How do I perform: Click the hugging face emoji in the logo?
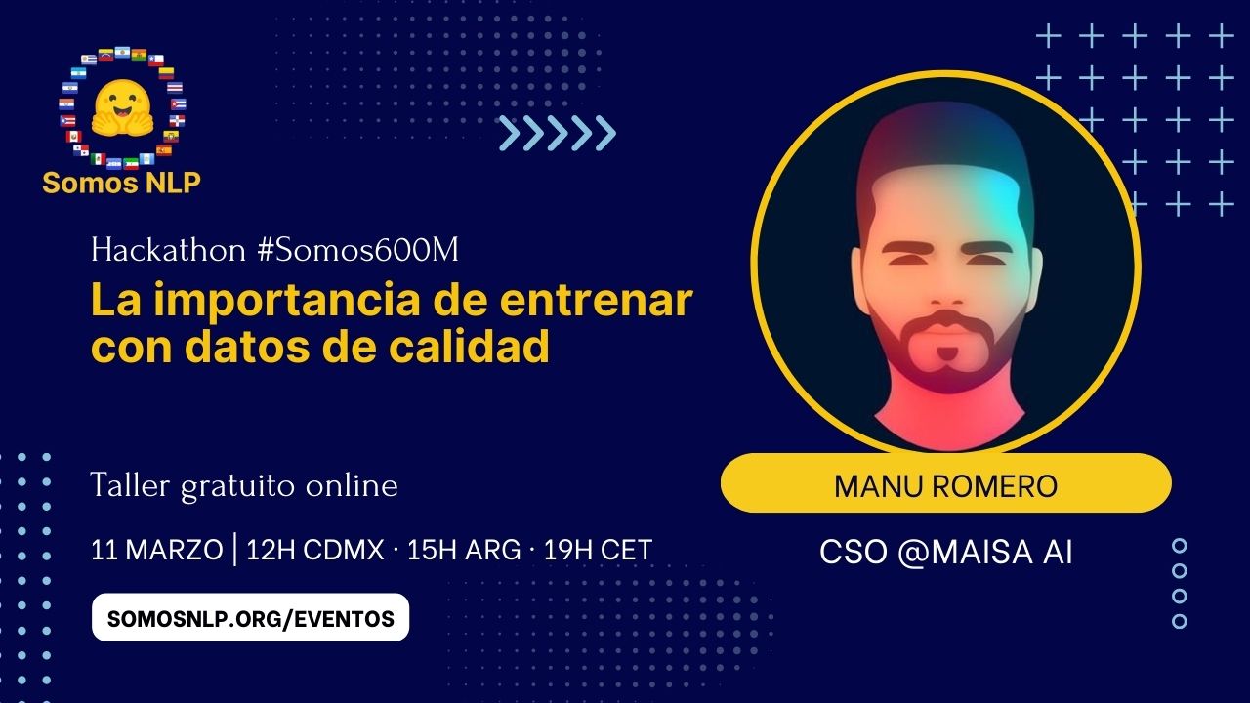pyautogui.click(x=122, y=107)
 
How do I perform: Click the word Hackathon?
pyautogui.click(x=168, y=251)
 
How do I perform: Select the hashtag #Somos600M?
pyautogui.click(x=358, y=251)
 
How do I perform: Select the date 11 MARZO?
pyautogui.click(x=156, y=550)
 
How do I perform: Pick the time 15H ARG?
pyautogui.click(x=464, y=550)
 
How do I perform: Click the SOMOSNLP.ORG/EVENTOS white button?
pyautogui.click(x=250, y=618)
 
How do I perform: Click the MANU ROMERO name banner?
pyautogui.click(x=945, y=484)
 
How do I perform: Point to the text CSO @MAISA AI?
pyautogui.click(x=945, y=553)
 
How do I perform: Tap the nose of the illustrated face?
pyautogui.click(x=945, y=288)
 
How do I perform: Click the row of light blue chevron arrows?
pyautogui.click(x=557, y=134)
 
